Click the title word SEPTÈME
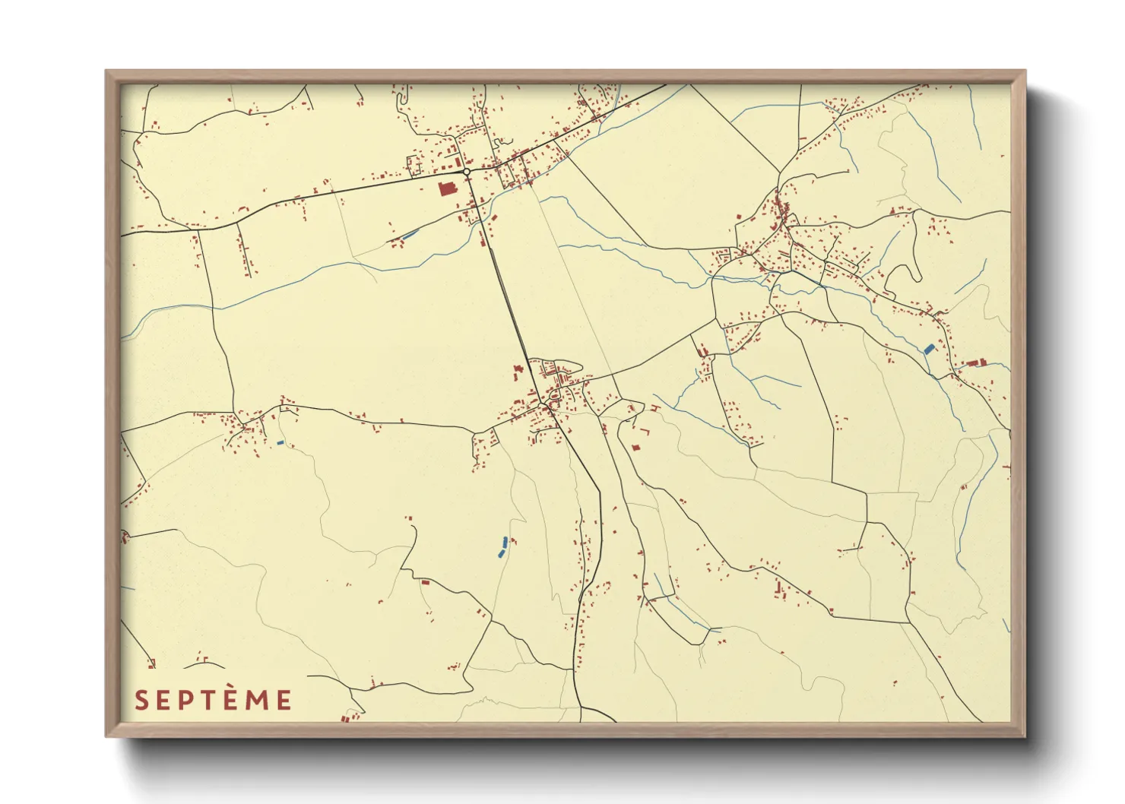(213, 700)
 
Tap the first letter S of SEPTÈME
(141, 700)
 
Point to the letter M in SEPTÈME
(258, 700)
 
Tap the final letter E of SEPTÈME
(284, 700)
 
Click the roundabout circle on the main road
(466, 173)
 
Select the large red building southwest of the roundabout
(446, 188)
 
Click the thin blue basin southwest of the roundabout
(410, 235)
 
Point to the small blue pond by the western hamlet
(280, 442)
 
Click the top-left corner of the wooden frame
(106, 71)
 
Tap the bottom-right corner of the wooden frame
(1025, 736)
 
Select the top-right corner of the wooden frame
(1025, 71)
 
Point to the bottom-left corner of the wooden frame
(106, 736)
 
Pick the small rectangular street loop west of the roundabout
(416, 165)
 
